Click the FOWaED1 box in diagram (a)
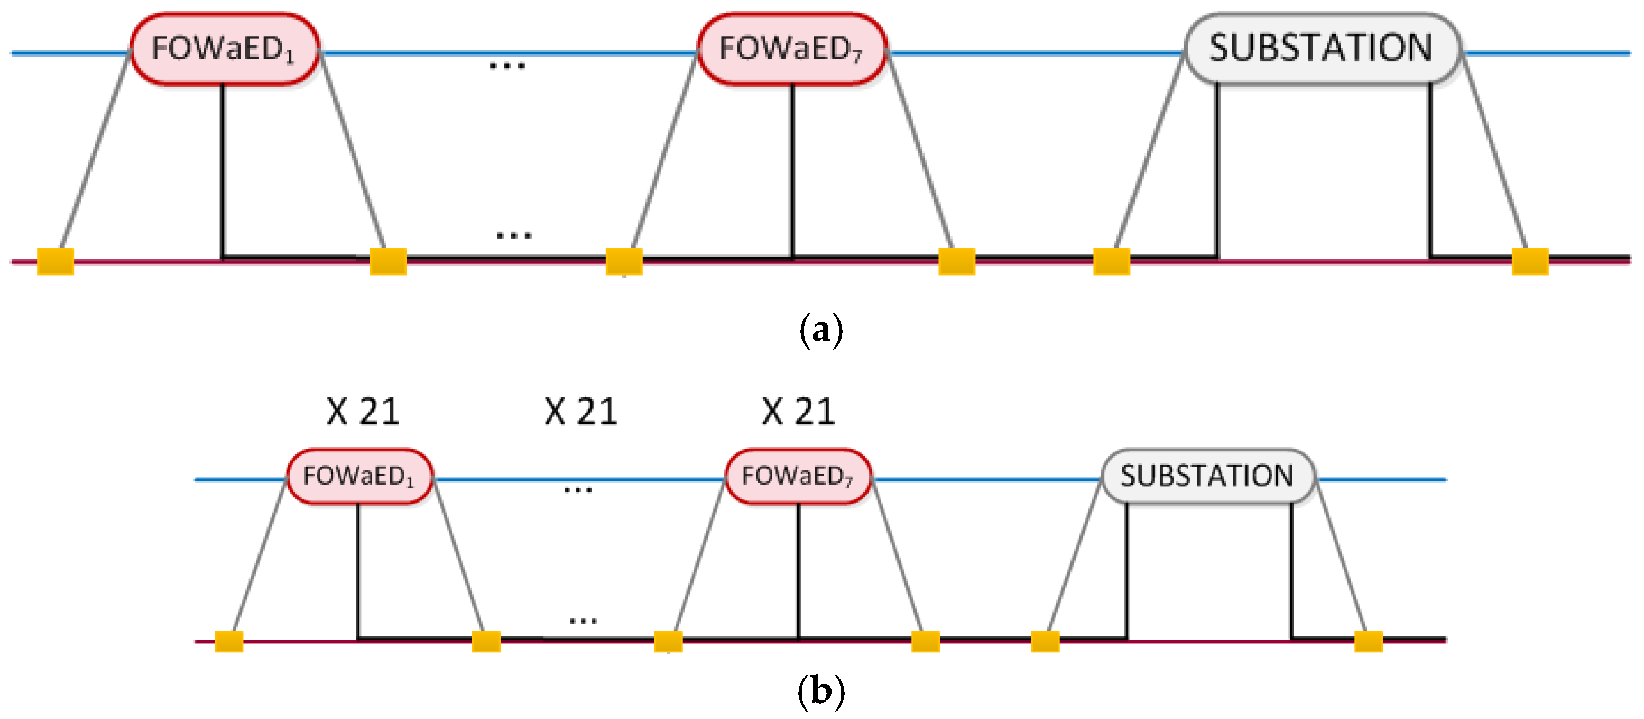tap(224, 49)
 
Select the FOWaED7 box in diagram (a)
tap(791, 49)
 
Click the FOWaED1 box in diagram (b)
tap(359, 476)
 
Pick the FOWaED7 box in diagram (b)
tap(798, 476)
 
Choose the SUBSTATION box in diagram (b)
tap(1207, 476)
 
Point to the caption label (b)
tap(821, 691)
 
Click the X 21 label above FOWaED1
tap(363, 411)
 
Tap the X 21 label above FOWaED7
tap(798, 411)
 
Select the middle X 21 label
tap(581, 411)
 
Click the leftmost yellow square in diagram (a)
tap(56, 261)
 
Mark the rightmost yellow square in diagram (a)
tap(1530, 261)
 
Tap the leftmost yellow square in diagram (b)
tap(228, 641)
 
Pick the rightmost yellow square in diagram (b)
tap(1368, 641)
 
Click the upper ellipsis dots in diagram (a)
tap(507, 66)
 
